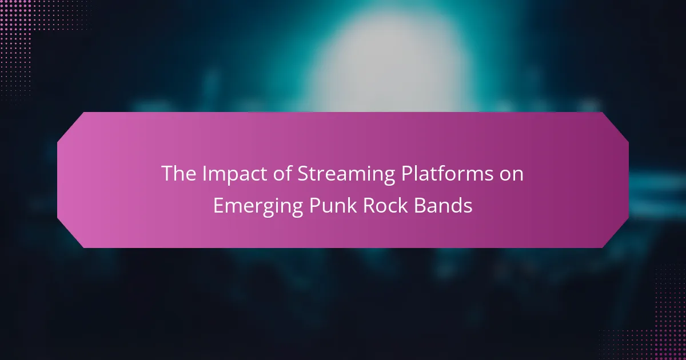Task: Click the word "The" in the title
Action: pyautogui.click(x=178, y=173)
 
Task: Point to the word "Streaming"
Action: pyautogui.click(x=346, y=174)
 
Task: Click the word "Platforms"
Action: pyautogui.click(x=448, y=173)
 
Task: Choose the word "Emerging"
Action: pyautogui.click(x=258, y=206)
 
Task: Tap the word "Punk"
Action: pyautogui.click(x=333, y=205)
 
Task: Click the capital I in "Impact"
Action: pyautogui.click(x=204, y=173)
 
